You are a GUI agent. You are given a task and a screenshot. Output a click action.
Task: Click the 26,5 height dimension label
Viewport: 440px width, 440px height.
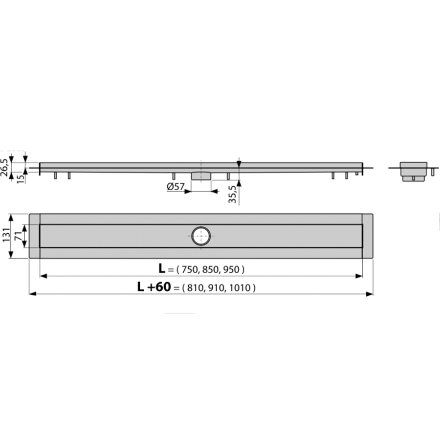pyautogui.click(x=4, y=168)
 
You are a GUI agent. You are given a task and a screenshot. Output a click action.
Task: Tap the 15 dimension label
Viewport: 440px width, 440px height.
pyautogui.click(x=20, y=178)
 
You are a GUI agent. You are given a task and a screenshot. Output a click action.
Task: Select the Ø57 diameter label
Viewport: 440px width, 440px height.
pyautogui.click(x=176, y=187)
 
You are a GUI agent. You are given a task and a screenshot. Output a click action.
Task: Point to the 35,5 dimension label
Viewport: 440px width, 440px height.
pyautogui.click(x=233, y=194)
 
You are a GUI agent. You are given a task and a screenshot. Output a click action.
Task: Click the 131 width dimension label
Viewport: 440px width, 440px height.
pyautogui.click(x=6, y=235)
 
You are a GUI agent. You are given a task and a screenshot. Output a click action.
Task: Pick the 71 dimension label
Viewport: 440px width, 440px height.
pyautogui.click(x=19, y=236)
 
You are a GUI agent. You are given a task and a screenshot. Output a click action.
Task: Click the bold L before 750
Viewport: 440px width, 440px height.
pyautogui.click(x=162, y=268)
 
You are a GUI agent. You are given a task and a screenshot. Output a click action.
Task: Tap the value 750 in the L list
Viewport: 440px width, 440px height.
pyautogui.click(x=191, y=270)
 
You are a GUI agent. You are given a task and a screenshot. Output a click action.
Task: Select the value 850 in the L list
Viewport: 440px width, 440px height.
pyautogui.click(x=212, y=270)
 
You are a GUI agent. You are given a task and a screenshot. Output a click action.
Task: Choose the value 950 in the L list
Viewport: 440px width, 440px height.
pyautogui.click(x=232, y=270)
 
